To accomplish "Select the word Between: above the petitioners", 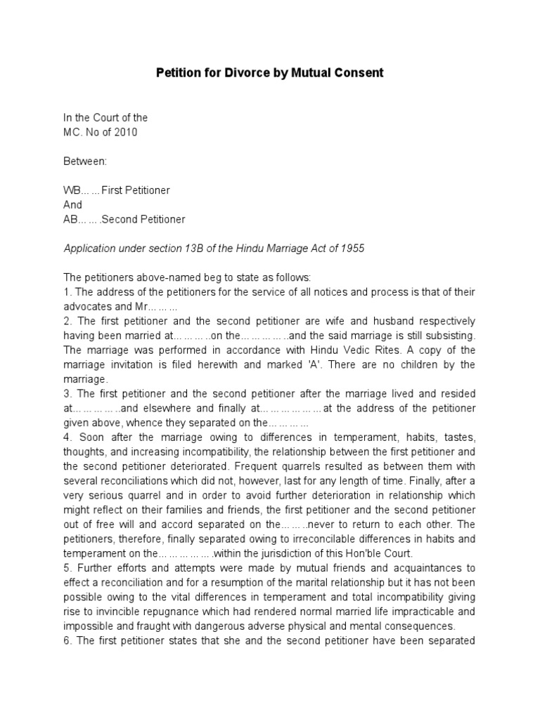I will point(85,161).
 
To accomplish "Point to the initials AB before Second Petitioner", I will point(72,219).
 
